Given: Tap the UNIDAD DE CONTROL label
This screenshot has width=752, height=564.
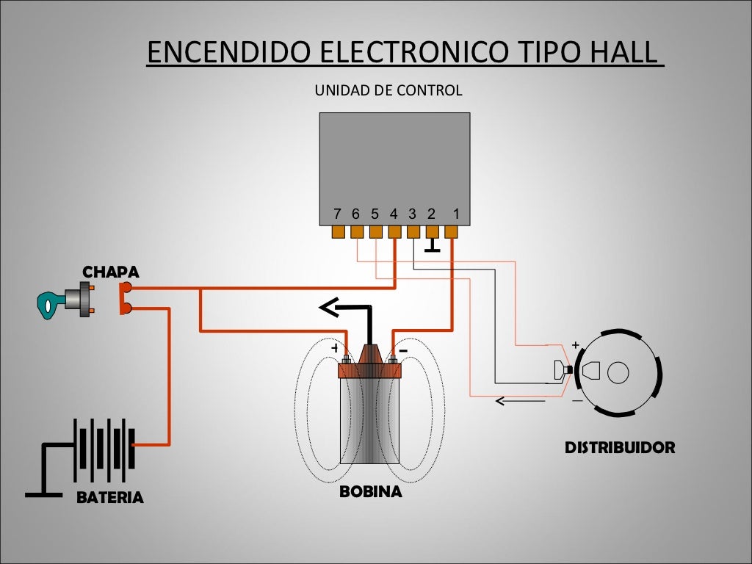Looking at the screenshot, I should click(388, 91).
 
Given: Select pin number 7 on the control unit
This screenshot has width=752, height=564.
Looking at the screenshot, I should click(337, 214).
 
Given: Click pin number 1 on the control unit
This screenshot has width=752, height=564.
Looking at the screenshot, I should click(456, 214).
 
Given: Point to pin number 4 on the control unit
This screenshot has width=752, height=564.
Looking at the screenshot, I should click(394, 214).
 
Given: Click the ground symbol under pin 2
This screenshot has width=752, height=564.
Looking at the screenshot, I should click(432, 247).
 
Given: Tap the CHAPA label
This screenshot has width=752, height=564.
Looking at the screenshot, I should click(110, 272).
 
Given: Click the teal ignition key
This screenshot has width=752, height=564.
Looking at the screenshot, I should click(49, 303).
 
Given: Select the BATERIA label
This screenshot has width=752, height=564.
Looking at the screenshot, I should click(110, 498).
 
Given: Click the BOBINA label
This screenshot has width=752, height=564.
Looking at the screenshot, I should click(370, 492).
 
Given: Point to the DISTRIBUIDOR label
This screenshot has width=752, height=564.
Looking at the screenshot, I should click(619, 447).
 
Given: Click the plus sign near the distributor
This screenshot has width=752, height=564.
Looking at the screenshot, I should click(575, 344).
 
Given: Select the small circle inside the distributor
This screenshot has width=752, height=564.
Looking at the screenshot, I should click(618, 372).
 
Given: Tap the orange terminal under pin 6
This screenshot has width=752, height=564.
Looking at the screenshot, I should click(357, 232).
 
